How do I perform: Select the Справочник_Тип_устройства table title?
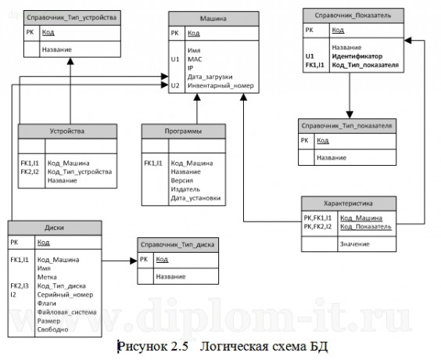coord(71,17)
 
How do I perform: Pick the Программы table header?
coord(185,131)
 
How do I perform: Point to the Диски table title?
coord(56,228)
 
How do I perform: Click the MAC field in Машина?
coord(195,58)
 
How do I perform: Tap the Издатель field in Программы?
coord(185,189)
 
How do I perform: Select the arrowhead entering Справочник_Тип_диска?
coord(133,260)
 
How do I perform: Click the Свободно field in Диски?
coord(52,329)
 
